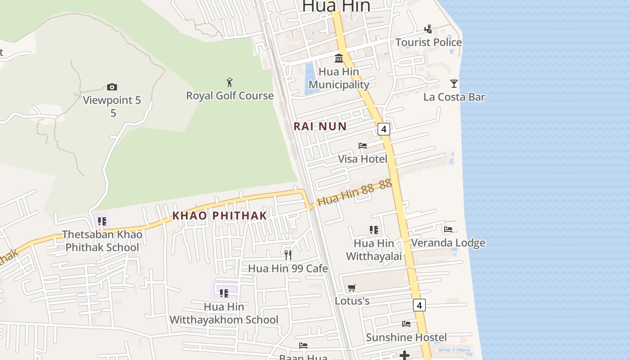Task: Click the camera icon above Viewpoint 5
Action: [x=112, y=87]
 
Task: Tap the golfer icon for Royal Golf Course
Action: [x=230, y=82]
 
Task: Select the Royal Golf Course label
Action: [x=230, y=95]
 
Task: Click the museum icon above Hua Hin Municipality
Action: [x=339, y=58]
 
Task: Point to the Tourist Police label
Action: [x=428, y=42]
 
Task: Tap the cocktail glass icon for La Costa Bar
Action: [x=454, y=84]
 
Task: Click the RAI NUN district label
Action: [x=320, y=126]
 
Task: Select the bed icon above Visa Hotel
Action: [x=363, y=146]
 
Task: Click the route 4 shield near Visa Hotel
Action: [x=383, y=129]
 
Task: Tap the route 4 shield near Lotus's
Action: [x=419, y=305]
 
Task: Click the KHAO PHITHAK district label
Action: [x=220, y=216]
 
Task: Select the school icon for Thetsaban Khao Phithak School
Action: [x=102, y=221]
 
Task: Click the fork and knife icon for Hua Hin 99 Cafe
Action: [x=288, y=255]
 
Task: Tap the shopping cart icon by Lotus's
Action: [x=352, y=288]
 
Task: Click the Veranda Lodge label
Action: [x=448, y=243]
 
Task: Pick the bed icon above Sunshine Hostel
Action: [x=406, y=324]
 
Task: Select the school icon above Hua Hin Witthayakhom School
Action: [x=224, y=293]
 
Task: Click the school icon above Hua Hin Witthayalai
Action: [x=373, y=230]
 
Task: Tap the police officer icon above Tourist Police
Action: [x=428, y=29]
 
